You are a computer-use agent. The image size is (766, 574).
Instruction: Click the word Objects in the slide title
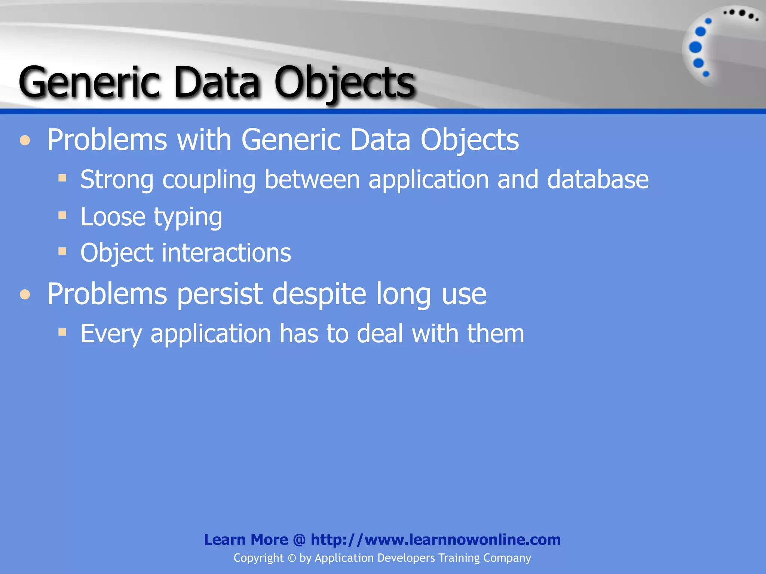344,83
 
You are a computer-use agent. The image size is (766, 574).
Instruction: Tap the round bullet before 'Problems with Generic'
25,141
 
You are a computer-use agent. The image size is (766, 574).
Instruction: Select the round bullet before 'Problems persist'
25,294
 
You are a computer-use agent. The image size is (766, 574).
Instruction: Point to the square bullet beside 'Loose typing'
62,215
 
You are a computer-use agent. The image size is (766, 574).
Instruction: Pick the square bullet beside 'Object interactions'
62,251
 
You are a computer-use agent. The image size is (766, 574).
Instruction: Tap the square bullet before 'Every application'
62,331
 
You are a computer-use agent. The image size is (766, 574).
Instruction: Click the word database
597,180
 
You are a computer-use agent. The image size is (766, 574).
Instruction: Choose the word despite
319,295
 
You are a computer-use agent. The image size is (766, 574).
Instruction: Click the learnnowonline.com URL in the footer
436,540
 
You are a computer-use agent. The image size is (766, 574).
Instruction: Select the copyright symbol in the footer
292,558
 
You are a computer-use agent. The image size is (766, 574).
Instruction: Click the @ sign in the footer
299,540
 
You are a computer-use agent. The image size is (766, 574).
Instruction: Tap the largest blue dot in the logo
695,47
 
